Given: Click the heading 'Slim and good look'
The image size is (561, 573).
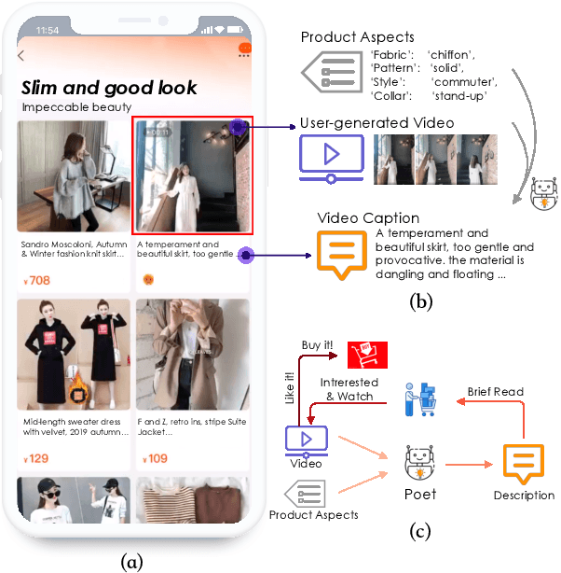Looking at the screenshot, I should coord(108,88).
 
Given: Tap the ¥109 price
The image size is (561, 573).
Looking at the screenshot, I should coord(154,458).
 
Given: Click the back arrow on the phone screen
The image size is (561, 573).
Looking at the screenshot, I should coord(21,55).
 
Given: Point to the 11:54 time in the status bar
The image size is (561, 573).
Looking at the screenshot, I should coord(46,31).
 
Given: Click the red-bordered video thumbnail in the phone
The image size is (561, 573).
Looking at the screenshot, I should coord(193,175).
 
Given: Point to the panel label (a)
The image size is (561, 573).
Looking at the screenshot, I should coord(131,561).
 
